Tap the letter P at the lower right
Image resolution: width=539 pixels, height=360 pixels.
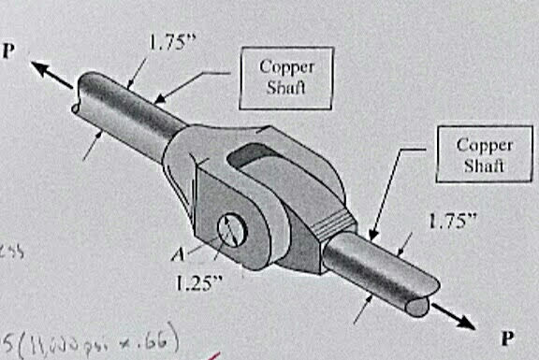(x=509, y=336)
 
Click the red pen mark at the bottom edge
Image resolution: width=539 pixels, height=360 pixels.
(x=216, y=356)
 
